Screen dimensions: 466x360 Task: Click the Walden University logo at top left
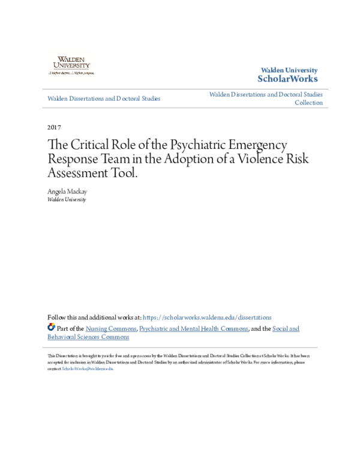[x=71, y=64]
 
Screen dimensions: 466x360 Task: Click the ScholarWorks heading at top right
[x=287, y=79]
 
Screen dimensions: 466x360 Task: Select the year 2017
[x=53, y=128]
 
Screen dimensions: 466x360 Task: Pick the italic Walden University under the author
[x=67, y=199]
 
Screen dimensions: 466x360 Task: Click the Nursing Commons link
[x=111, y=328]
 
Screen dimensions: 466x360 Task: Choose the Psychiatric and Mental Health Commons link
[x=194, y=328]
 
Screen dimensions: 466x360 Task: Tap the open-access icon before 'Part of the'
[x=51, y=328]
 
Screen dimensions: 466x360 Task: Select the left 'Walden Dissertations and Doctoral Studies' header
[x=104, y=98]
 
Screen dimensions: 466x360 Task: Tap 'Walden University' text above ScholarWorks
[x=289, y=70]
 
